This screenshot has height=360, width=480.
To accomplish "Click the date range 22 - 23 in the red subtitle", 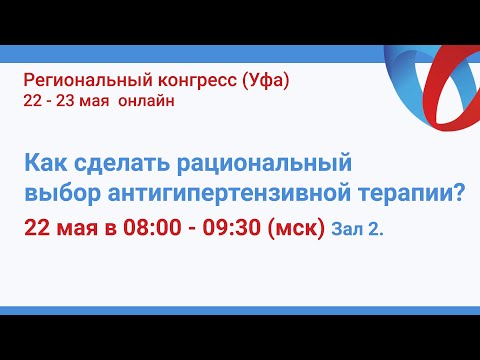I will tap(53, 100).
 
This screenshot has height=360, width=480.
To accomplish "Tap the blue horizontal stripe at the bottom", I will tap(240, 311).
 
